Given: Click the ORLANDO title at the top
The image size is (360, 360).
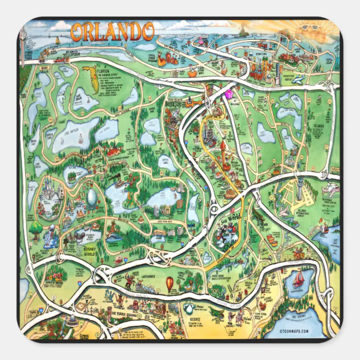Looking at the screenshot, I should pyautogui.click(x=112, y=32).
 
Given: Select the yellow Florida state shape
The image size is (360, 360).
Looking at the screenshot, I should pyautogui.click(x=88, y=74).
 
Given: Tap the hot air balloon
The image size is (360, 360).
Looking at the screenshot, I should pyautogui.click(x=169, y=284).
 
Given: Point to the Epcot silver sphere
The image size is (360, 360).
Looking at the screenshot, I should pyautogui.click(x=91, y=198).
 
